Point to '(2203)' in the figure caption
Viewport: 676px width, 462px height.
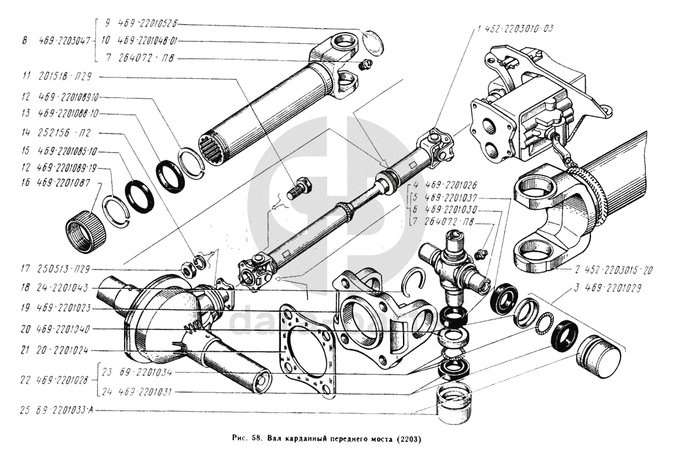[x=408, y=439]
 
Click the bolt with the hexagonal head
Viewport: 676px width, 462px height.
[x=298, y=189]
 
